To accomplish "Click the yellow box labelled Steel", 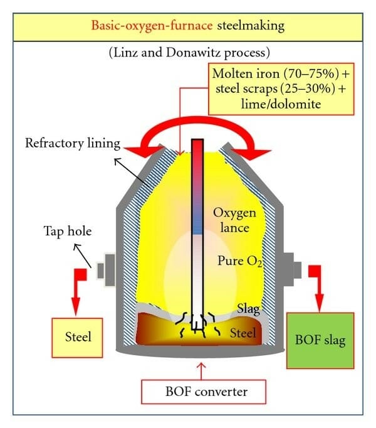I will coord(78,337).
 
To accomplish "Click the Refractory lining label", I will coord(72,142).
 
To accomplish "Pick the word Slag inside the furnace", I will coord(247,307).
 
